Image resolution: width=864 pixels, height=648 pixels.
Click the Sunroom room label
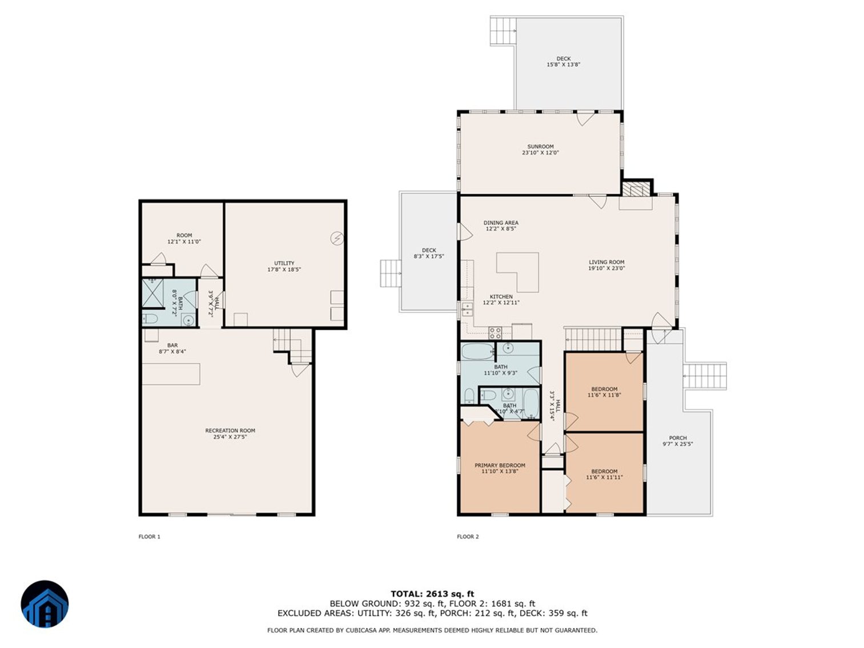[540, 150]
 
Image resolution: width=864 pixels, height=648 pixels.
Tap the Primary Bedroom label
[500, 468]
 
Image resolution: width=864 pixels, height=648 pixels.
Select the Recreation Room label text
[230, 433]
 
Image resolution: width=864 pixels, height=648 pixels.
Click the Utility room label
[284, 266]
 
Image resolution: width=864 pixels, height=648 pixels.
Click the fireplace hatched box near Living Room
[636, 189]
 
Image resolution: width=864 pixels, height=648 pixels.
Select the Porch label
[678, 441]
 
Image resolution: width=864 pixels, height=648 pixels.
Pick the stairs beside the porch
[705, 376]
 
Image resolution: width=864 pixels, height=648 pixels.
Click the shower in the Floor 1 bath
[152, 293]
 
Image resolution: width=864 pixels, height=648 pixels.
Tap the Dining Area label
[501, 226]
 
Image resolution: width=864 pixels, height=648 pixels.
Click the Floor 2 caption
[468, 537]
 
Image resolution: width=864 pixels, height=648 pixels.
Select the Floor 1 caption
[150, 537]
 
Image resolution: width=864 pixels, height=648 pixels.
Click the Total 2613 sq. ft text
[432, 594]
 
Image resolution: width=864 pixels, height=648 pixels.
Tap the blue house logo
[45, 605]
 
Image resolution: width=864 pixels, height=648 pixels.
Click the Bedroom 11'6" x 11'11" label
[604, 474]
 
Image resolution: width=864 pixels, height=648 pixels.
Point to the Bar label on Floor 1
[172, 348]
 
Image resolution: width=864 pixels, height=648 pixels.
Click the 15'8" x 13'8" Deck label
[563, 62]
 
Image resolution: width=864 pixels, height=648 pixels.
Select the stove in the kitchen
[495, 332]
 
